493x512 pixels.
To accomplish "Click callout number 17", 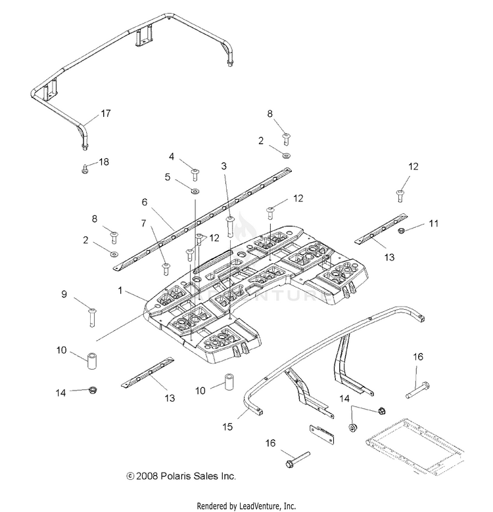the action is [x=106, y=114].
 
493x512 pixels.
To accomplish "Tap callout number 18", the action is [x=104, y=162].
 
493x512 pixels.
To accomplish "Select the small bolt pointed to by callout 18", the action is [x=85, y=169].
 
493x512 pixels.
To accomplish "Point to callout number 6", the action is [x=145, y=202].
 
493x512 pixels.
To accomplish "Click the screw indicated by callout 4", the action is [x=195, y=174].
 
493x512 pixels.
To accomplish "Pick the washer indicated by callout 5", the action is [x=195, y=192].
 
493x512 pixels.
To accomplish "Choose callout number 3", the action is [x=224, y=166].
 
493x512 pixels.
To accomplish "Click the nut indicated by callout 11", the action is [x=402, y=231].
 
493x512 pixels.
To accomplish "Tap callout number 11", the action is [x=433, y=224].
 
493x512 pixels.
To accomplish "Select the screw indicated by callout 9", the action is [x=92, y=318].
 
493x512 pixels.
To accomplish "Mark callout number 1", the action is [x=120, y=290].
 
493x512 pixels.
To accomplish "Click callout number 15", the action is [x=227, y=427].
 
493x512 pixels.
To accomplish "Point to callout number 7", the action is [x=143, y=223].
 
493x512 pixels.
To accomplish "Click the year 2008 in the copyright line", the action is [x=147, y=476].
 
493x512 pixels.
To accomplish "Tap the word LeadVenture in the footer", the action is [x=258, y=506].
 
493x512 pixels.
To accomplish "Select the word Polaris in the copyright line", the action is [x=176, y=476].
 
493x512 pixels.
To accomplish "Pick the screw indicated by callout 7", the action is [x=166, y=268].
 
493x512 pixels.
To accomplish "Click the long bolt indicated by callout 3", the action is [x=230, y=226].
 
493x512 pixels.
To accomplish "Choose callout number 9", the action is [x=64, y=294].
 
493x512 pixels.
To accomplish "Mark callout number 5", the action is [x=168, y=177].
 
